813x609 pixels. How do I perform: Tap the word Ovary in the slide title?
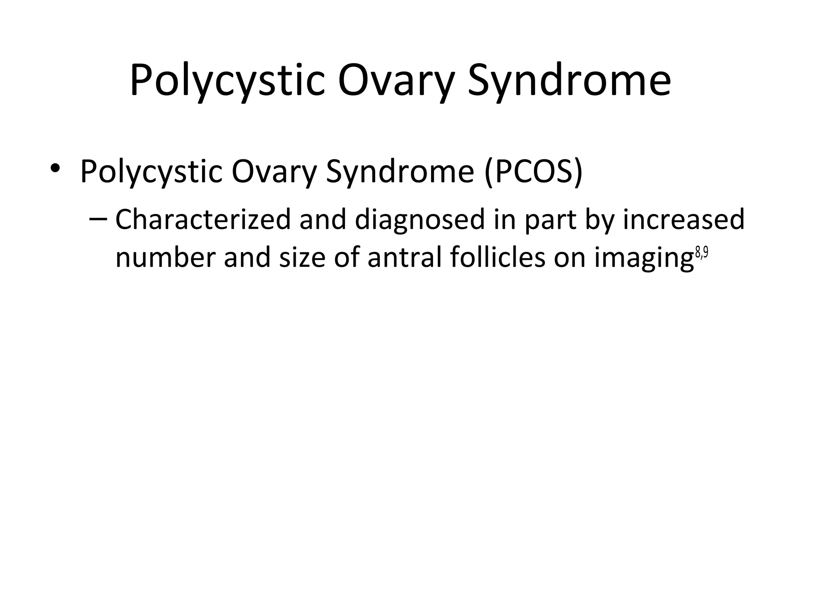[x=397, y=81]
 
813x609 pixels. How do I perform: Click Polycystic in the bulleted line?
[x=151, y=172]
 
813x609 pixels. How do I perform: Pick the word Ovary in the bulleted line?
[x=274, y=172]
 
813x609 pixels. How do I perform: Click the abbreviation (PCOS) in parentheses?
[x=533, y=172]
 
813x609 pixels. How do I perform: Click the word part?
[x=550, y=220]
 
